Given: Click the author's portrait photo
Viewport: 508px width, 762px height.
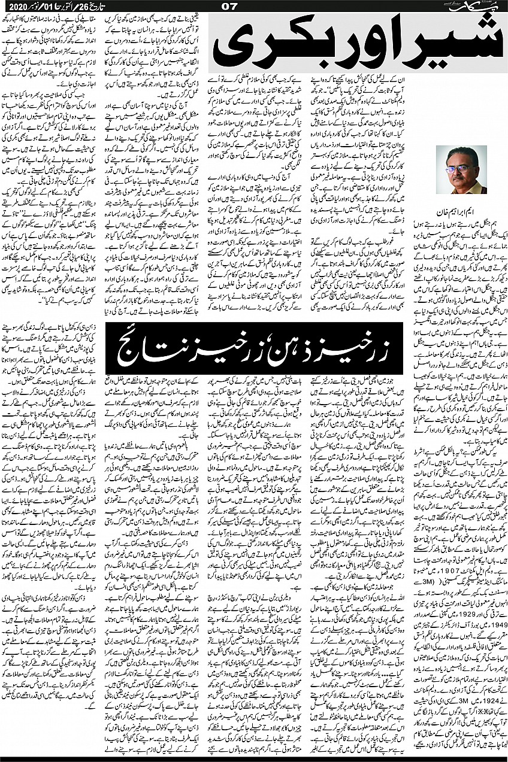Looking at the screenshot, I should point(458,170).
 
